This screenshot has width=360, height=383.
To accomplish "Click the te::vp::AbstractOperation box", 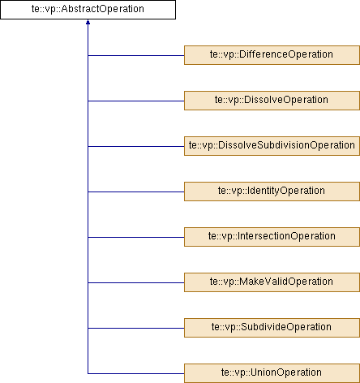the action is coord(88,10).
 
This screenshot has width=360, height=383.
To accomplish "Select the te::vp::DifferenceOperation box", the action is coord(272,55).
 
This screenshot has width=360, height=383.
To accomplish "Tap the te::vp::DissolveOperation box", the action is coord(272,101).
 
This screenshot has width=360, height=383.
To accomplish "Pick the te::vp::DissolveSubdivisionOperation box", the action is coord(272,146).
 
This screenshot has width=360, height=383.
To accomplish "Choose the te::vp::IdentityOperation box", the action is coord(272,191).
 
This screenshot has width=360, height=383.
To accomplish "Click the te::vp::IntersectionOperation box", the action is coord(272,237).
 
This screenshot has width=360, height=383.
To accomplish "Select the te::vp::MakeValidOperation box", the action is coord(272,282).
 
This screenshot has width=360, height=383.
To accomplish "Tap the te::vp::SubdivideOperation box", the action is coord(272,328).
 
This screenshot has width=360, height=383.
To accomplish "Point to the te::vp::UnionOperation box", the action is coord(272,373).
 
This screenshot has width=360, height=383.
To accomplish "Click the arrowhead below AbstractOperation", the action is coord(88,22).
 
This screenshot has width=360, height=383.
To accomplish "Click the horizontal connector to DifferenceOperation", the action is coord(136,56).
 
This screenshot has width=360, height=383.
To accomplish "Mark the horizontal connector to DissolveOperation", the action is coord(136,101).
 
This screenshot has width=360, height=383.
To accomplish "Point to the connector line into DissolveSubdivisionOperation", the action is coord(136,147).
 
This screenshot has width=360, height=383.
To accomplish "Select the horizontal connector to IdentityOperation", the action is coord(136,192).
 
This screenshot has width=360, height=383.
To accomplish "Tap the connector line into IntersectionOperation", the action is coord(136,238).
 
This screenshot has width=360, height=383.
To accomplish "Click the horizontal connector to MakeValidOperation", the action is coord(136,283).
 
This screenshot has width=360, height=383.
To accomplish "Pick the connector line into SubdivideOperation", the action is coord(136,329).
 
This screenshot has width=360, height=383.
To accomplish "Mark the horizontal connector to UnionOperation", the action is coord(136,374).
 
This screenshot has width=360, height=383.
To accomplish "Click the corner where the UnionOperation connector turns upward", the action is coord(88,374).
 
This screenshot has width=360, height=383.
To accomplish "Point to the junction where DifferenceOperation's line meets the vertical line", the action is coord(88,56).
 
